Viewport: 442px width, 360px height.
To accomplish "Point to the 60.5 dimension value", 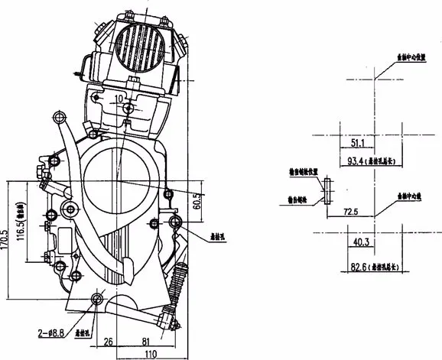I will [x=197, y=201].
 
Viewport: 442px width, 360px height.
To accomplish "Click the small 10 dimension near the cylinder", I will [x=119, y=99].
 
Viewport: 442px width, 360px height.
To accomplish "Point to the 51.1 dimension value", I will [x=356, y=143].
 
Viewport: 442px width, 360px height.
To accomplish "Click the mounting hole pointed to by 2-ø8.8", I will [x=96, y=299].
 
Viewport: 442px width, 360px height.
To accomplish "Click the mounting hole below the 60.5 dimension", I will [x=175, y=222].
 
